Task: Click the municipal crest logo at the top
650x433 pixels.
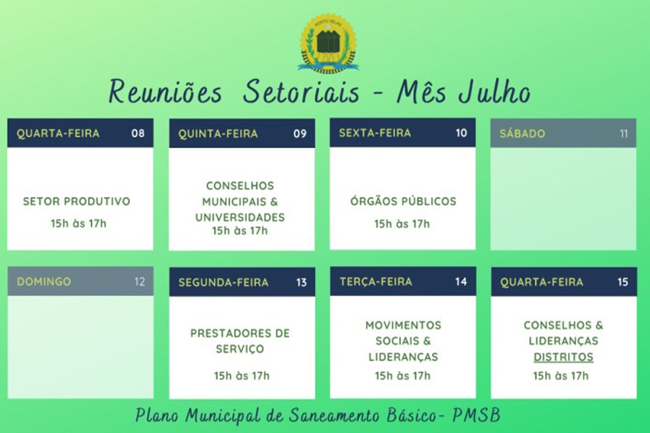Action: coord(328,43)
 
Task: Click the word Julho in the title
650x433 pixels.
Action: coord(494,93)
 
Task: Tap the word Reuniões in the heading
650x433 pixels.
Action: coord(165,93)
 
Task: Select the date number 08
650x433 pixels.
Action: coord(138,133)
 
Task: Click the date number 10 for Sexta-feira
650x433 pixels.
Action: coord(461,133)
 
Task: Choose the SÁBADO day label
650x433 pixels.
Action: coord(522,134)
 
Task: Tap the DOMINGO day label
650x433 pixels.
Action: coord(43,281)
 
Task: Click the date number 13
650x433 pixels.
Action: coord(301,282)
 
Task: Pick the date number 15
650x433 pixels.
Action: coord(623,282)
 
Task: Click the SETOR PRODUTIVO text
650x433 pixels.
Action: coord(77,202)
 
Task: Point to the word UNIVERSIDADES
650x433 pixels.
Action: coord(240,218)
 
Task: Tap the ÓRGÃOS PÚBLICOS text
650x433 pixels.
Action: coord(403,202)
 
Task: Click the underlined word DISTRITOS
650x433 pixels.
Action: coord(563,357)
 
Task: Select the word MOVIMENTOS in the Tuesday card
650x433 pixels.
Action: coord(403,325)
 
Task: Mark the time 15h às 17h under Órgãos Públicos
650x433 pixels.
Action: coord(402,224)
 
